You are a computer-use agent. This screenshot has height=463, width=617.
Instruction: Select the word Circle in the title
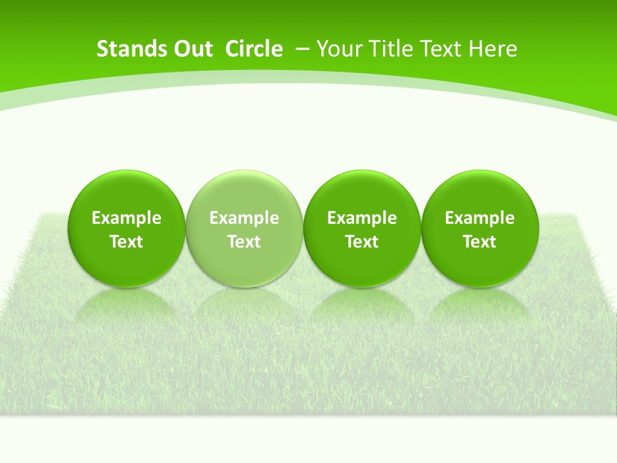pyautogui.click(x=254, y=49)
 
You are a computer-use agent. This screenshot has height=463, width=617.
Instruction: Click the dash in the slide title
pyautogui.click(x=302, y=49)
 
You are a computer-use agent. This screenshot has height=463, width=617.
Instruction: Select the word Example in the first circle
pyautogui.click(x=127, y=218)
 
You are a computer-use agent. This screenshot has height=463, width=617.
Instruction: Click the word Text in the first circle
pyautogui.click(x=127, y=242)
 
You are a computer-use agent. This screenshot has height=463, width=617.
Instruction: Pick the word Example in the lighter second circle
pyautogui.click(x=244, y=218)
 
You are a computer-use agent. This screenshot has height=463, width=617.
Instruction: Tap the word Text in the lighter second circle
pyautogui.click(x=244, y=242)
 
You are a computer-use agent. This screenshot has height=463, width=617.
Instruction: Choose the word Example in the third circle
pyautogui.click(x=362, y=218)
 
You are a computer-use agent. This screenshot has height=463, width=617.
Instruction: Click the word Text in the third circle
pyautogui.click(x=362, y=242)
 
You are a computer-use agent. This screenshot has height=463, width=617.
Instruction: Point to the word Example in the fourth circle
pyautogui.click(x=479, y=218)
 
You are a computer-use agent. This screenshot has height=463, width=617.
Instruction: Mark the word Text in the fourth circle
pyautogui.click(x=479, y=242)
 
